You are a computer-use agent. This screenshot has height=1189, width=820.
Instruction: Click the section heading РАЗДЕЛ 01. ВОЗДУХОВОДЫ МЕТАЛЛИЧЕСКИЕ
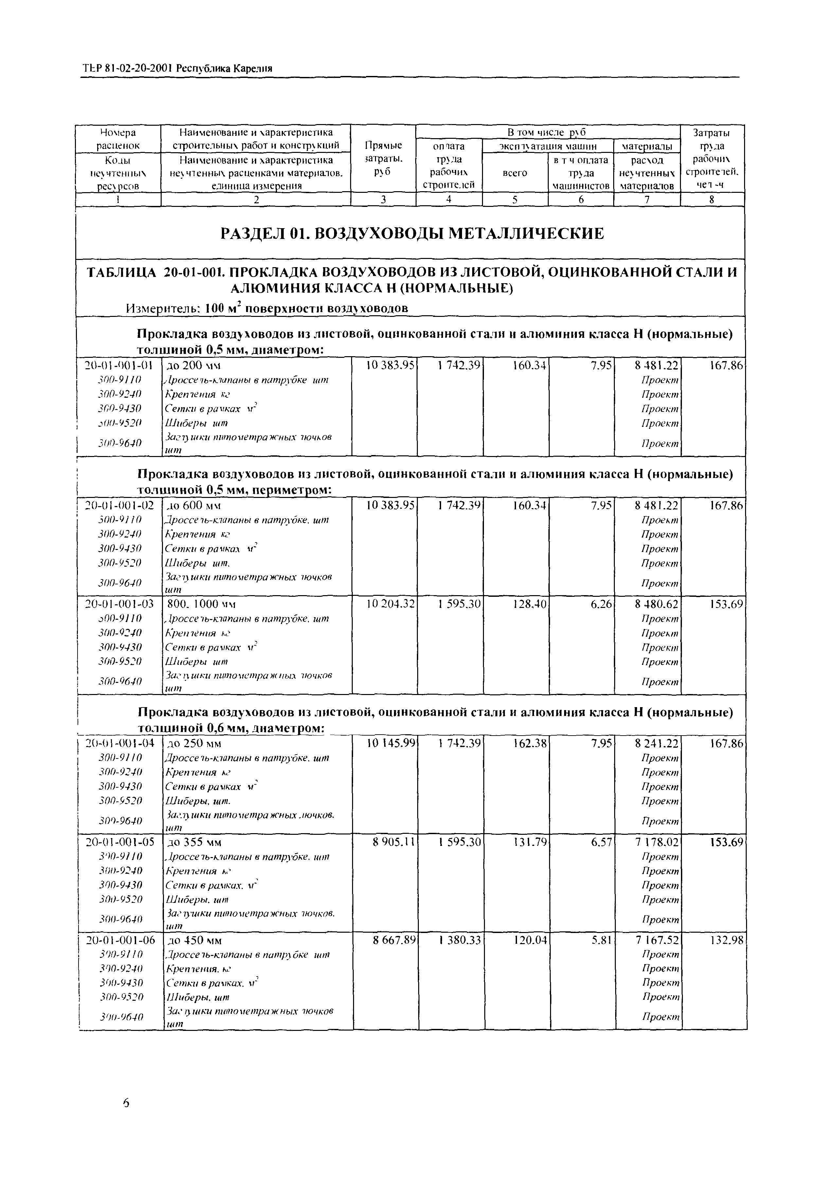(x=412, y=234)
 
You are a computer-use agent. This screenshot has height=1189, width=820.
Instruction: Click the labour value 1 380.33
(x=460, y=940)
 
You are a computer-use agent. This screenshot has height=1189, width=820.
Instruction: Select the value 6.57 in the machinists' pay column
(x=602, y=842)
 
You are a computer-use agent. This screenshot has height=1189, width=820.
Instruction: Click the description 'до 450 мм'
(x=195, y=940)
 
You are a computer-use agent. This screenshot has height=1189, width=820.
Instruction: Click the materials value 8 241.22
(x=657, y=743)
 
